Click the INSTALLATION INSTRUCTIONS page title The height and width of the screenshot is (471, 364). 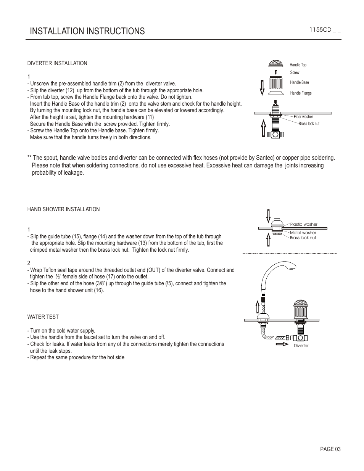87,31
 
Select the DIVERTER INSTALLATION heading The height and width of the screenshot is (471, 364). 57,63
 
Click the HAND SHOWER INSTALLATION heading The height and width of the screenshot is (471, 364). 63,209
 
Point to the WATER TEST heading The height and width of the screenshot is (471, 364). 43,317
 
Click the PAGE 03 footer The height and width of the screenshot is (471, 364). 330,449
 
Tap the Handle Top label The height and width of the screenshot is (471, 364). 298,65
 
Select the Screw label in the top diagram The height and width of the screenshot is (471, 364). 295,72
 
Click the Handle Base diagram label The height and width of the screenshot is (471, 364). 300,82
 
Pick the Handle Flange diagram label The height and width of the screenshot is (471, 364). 301,93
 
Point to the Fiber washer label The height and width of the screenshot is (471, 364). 303,117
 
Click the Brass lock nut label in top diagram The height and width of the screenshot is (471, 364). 309,124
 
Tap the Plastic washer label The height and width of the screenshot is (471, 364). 304,224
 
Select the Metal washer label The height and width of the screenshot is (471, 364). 303,233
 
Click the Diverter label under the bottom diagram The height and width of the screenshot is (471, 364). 301,346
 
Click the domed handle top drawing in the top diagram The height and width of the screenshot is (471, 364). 275,63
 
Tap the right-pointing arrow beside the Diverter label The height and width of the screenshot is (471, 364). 282,344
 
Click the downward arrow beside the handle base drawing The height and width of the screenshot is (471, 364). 262,87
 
